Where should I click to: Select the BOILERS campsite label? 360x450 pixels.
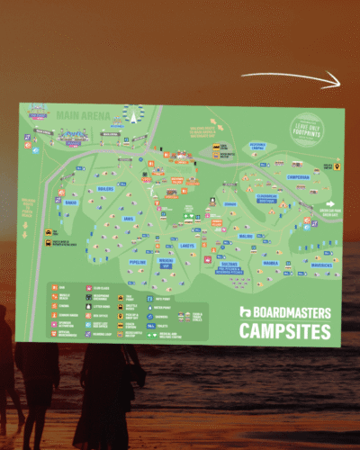105,188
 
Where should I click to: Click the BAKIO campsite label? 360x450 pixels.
70,202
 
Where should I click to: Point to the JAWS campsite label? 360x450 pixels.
129,218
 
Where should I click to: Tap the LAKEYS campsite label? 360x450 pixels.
186,245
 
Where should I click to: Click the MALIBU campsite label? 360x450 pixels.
246,237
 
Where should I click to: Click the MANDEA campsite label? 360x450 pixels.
270,264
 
